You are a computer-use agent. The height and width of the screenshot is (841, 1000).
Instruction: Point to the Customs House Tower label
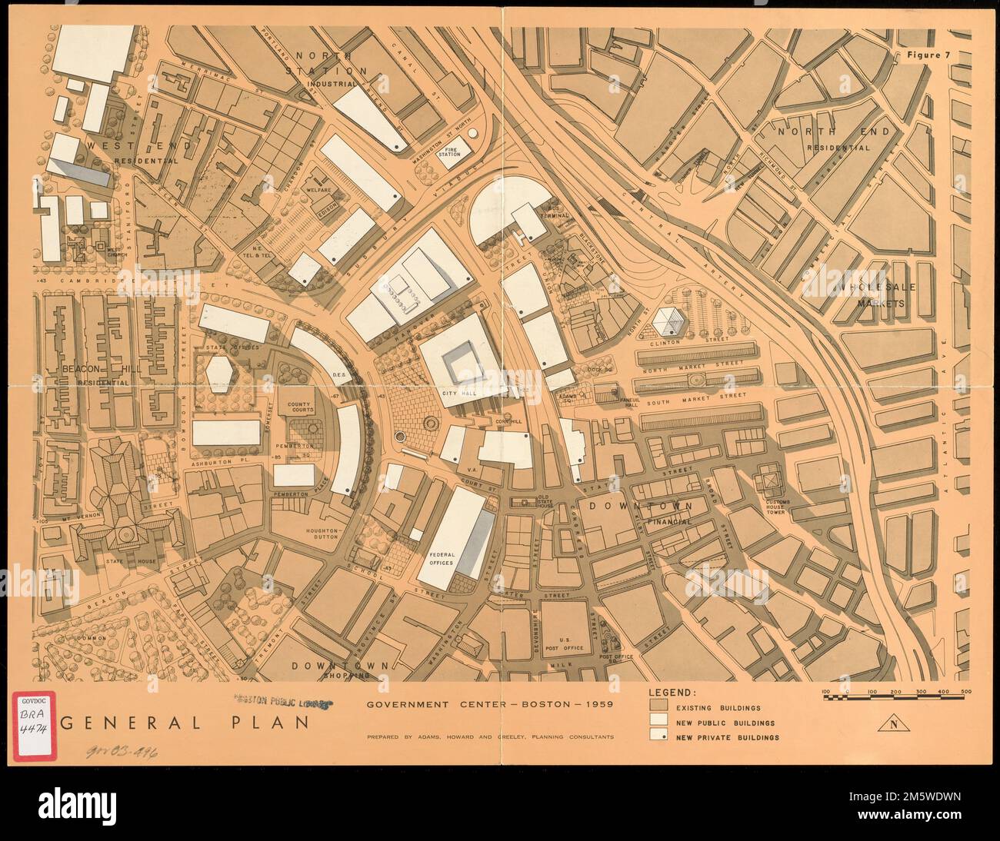click(784, 509)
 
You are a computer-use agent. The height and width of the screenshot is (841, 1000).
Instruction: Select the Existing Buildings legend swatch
click(658, 707)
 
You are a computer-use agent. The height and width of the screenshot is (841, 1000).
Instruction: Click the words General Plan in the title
click(185, 723)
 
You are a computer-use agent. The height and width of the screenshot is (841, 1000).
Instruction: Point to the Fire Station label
click(449, 150)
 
